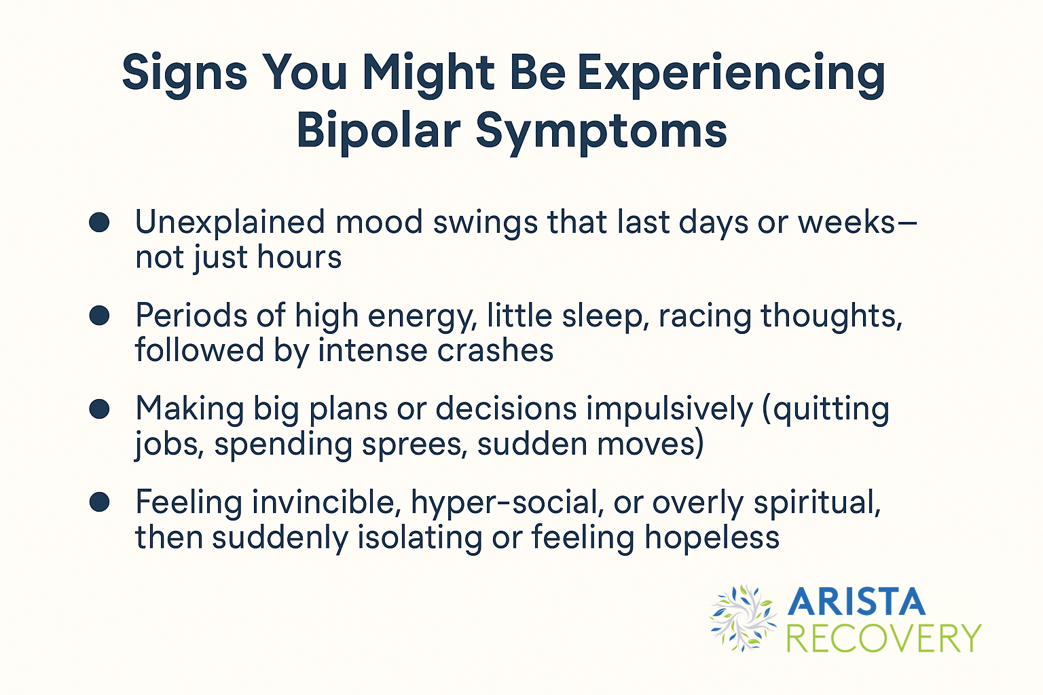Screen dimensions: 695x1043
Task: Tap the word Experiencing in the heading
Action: click(731, 73)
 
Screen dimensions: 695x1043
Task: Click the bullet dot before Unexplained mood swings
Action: click(100, 222)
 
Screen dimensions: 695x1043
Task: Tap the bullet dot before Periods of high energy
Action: click(100, 316)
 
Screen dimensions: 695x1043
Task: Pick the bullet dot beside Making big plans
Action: click(100, 409)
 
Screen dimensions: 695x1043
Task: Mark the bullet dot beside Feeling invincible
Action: click(100, 502)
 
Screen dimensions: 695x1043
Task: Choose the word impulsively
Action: click(670, 410)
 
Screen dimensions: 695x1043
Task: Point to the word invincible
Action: click(323, 503)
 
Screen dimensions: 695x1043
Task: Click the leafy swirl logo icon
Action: click(742, 618)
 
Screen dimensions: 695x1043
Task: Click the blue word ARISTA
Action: click(857, 602)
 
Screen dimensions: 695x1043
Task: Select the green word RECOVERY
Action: click(883, 638)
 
